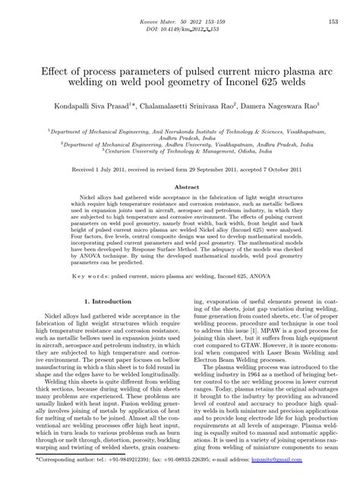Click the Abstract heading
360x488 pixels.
click(x=188, y=185)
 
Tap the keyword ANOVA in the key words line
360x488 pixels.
click(x=278, y=267)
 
